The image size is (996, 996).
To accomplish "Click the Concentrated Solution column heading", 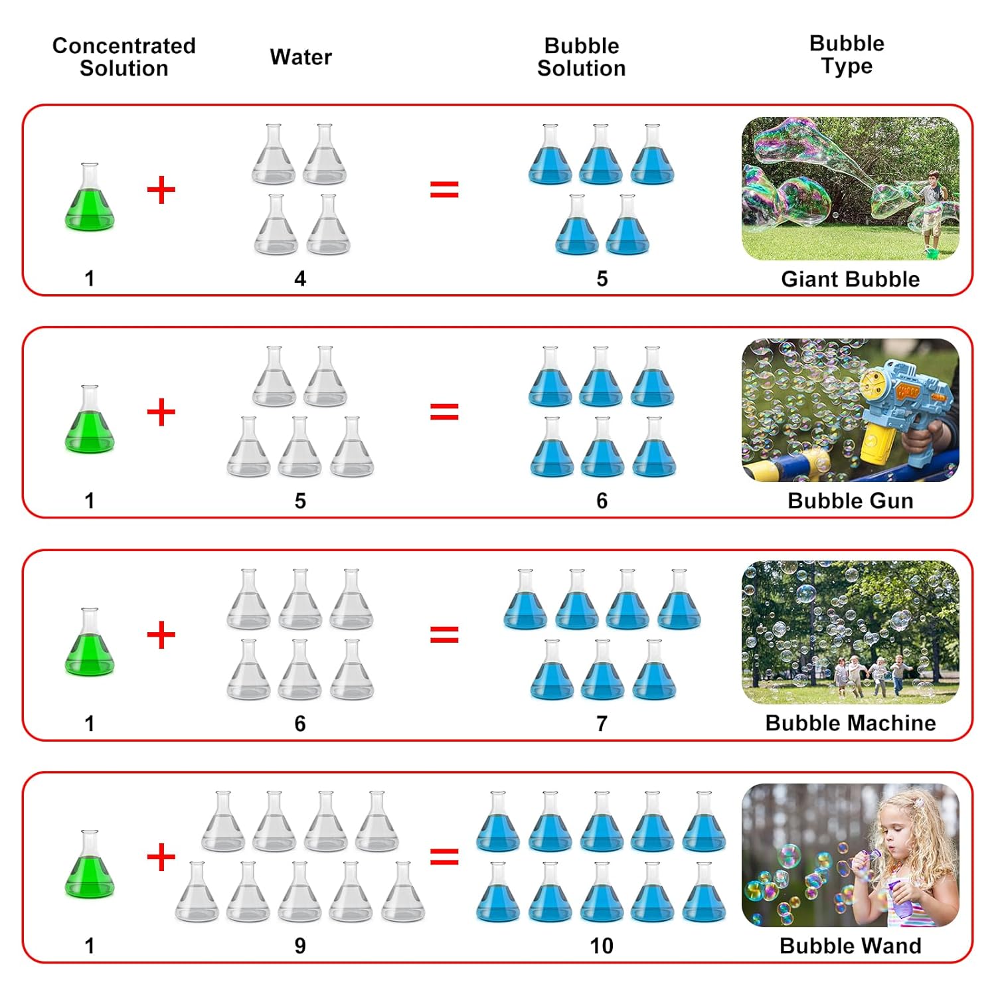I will click(124, 57).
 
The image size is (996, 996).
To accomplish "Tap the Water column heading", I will click(301, 57).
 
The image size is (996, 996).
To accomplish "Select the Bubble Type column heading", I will click(847, 54).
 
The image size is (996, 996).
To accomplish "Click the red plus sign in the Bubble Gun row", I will click(161, 412).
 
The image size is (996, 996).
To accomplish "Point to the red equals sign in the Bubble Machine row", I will click(444, 635).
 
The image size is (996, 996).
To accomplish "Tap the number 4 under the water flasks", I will click(300, 279).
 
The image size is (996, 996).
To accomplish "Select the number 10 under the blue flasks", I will click(602, 946).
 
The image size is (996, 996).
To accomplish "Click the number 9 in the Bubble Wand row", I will click(300, 946).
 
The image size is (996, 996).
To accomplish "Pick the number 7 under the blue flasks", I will click(602, 723).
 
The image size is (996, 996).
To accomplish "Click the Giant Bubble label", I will click(850, 279).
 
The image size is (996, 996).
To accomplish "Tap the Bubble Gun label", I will click(850, 501).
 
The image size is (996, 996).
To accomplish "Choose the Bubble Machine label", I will click(850, 723).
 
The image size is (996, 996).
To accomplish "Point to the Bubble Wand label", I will click(850, 946).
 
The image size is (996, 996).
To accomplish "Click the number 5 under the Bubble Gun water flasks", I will click(300, 501).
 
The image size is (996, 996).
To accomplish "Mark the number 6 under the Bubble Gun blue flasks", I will click(602, 501).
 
